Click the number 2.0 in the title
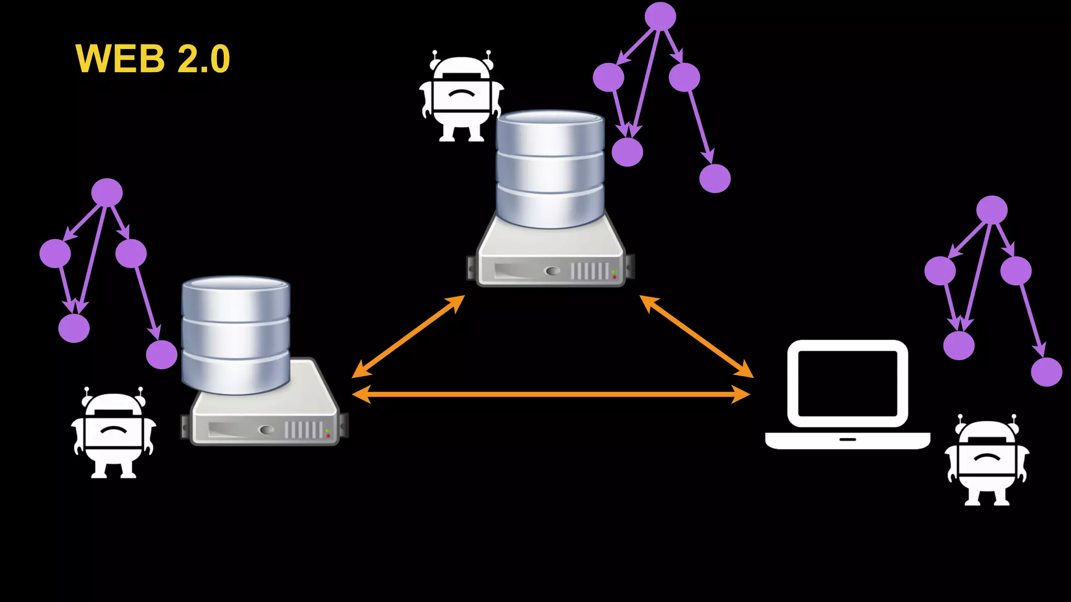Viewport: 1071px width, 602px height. click(x=203, y=59)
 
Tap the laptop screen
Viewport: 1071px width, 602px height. click(x=848, y=384)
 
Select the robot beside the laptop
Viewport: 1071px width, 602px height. click(x=987, y=461)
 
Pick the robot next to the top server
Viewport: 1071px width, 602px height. click(x=461, y=97)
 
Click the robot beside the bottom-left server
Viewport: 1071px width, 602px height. click(x=113, y=434)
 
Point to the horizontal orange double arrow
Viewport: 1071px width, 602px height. click(x=551, y=394)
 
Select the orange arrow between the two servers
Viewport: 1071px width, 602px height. click(x=408, y=336)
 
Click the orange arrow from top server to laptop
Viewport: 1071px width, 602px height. click(x=696, y=336)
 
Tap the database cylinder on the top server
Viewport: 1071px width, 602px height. click(x=550, y=168)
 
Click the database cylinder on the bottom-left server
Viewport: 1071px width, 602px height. click(x=236, y=334)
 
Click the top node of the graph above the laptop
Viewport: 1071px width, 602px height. click(x=992, y=210)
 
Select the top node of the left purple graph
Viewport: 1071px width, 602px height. click(x=107, y=192)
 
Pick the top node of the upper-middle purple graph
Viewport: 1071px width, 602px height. click(x=660, y=16)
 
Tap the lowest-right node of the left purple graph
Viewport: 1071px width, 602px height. click(x=162, y=355)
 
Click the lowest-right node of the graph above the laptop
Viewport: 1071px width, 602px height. click(x=1046, y=372)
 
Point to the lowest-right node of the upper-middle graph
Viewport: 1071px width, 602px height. click(x=715, y=178)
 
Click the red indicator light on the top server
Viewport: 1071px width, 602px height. click(x=614, y=276)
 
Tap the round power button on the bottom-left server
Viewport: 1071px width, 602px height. click(x=267, y=430)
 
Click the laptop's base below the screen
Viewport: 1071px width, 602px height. click(x=847, y=440)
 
